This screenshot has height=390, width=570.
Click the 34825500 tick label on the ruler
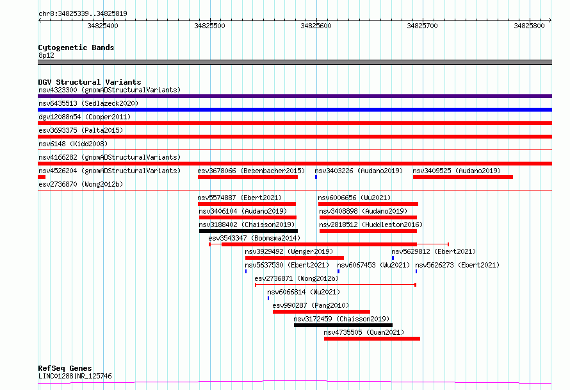pyautogui.click(x=210, y=26)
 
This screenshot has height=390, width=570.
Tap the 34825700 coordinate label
pyautogui.click(x=423, y=26)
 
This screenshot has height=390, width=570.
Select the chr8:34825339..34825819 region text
pyautogui.click(x=83, y=14)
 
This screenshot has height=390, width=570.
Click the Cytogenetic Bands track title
pyautogui.click(x=76, y=47)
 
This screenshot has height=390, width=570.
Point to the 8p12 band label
pyautogui.click(x=46, y=55)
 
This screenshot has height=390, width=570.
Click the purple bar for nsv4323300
pyautogui.click(x=295, y=96)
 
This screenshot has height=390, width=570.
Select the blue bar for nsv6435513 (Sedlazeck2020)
pyautogui.click(x=295, y=110)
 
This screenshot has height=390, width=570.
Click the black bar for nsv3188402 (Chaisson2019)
pyautogui.click(x=248, y=231)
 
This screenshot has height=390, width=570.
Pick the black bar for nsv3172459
pyautogui.click(x=343, y=325)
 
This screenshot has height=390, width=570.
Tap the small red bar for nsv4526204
pyautogui.click(x=42, y=177)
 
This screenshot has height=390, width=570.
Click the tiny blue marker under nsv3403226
pyautogui.click(x=316, y=177)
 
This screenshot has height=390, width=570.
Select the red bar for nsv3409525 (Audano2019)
pyautogui.click(x=463, y=177)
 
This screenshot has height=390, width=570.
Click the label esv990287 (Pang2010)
pyautogui.click(x=311, y=305)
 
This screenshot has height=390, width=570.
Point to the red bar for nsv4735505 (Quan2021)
pyautogui.click(x=372, y=339)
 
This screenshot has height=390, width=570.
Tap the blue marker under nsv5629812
pyautogui.click(x=393, y=258)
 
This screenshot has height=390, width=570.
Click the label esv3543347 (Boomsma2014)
pyautogui.click(x=254, y=238)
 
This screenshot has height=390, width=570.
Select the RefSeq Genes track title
pyautogui.click(x=65, y=368)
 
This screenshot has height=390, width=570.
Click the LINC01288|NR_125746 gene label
pyautogui.click(x=75, y=376)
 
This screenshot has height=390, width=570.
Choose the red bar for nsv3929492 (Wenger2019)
pyautogui.click(x=295, y=258)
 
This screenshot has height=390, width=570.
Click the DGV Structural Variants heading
pyautogui.click(x=90, y=82)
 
